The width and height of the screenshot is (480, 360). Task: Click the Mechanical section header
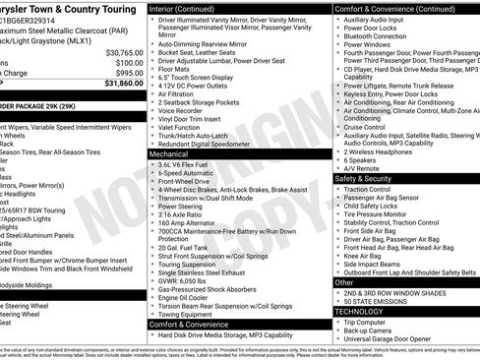coord(169,154)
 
